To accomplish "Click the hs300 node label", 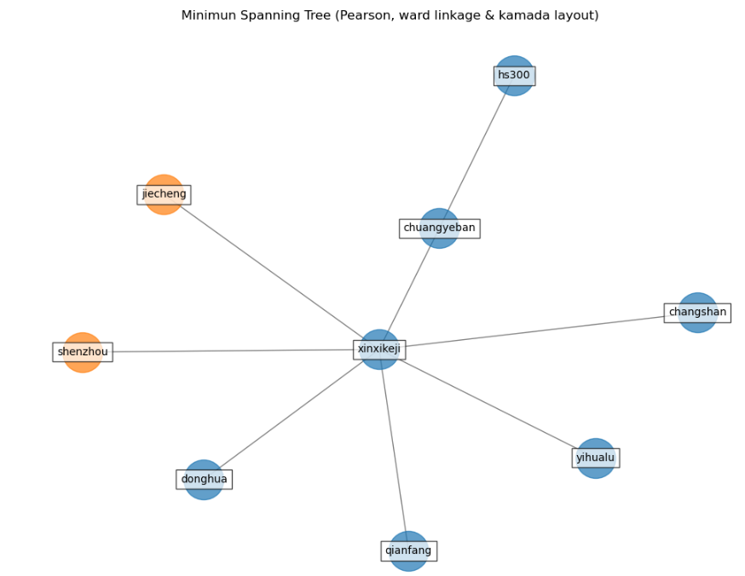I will pyautogui.click(x=514, y=76).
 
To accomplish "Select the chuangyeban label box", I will pyautogui.click(x=439, y=228).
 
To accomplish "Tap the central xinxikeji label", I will pyautogui.click(x=379, y=349).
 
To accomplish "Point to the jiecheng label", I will pyautogui.click(x=164, y=194).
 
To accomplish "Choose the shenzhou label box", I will pyautogui.click(x=83, y=352).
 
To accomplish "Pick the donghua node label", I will pyautogui.click(x=204, y=479).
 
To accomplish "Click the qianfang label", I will pyautogui.click(x=408, y=550).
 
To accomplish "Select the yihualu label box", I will pyautogui.click(x=595, y=458).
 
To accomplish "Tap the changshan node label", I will pyautogui.click(x=697, y=313).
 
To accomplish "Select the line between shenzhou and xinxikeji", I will pyautogui.click(x=230, y=351).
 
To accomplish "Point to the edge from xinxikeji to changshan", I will pyautogui.click(x=537, y=331).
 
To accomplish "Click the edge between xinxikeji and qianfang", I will pyautogui.click(x=393, y=447).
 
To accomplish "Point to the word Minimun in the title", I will pyautogui.click(x=205, y=15).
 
